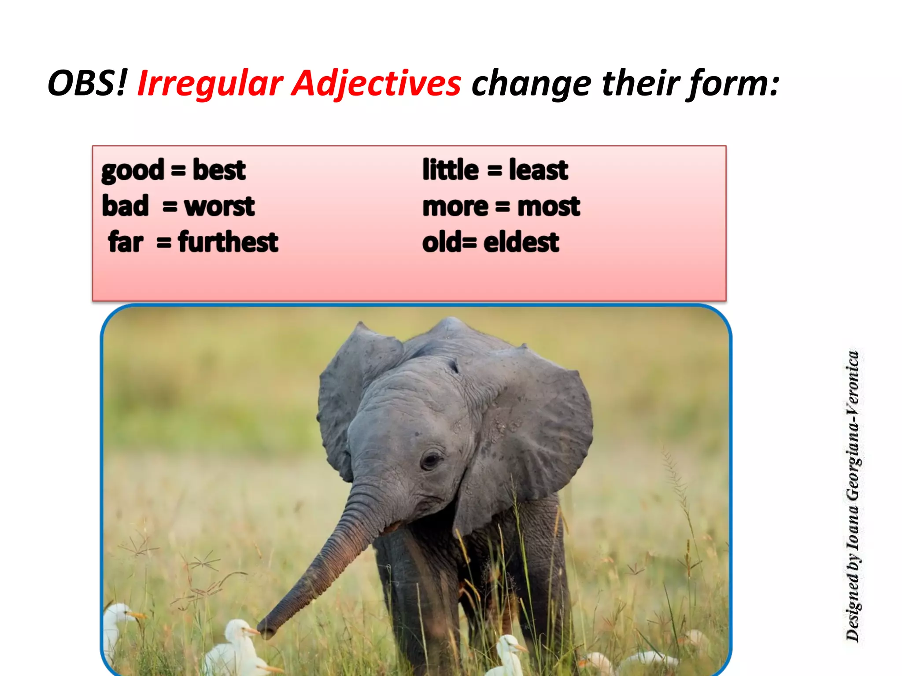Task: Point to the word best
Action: pos(219,170)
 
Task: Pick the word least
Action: pos(538,170)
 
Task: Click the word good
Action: pos(133,171)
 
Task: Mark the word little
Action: pos(450,170)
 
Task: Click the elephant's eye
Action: pos(430,460)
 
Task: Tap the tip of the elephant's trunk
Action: pos(267,630)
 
